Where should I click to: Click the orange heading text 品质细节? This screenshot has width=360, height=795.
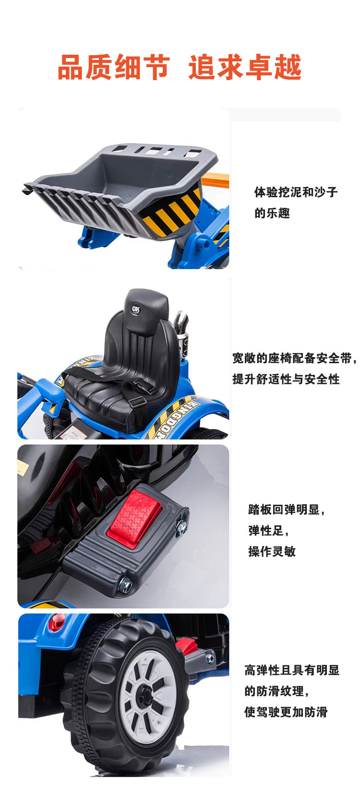coord(114,67)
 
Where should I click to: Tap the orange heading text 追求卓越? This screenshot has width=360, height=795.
coord(245,67)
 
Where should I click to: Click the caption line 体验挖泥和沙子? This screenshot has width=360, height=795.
coord(296,192)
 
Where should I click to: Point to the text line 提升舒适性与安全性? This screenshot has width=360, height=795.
coord(286,379)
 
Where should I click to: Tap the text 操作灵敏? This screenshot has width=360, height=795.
coord(272,551)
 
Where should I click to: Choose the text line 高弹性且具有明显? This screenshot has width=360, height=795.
coord(292,670)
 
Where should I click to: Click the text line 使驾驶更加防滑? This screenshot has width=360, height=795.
coord(286,712)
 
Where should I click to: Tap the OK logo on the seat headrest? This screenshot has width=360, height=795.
coord(136,309)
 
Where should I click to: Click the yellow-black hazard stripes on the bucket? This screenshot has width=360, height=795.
coord(173,214)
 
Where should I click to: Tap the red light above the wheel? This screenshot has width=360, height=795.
coord(57,622)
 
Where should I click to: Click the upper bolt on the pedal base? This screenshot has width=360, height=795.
coord(181,526)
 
